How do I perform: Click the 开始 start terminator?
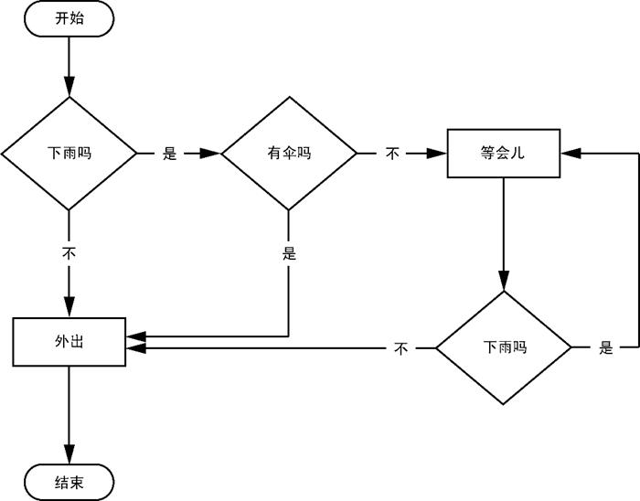(x=69, y=18)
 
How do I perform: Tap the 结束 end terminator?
(x=69, y=483)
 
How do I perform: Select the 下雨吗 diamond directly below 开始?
(x=69, y=154)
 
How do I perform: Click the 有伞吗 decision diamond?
(x=289, y=154)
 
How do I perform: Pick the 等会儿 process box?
(x=503, y=154)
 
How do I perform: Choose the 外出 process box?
(x=69, y=341)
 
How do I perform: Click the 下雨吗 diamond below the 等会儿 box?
(x=503, y=348)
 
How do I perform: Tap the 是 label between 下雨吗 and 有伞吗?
(x=169, y=154)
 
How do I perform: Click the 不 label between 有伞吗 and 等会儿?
(x=392, y=154)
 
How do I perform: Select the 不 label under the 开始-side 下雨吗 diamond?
(x=69, y=252)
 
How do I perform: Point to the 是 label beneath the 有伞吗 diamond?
(x=289, y=254)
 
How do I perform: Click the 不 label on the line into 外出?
(x=400, y=348)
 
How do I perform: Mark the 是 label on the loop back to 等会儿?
(x=605, y=348)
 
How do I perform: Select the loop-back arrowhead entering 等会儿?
(x=570, y=154)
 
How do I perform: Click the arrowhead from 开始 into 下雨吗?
(x=69, y=88)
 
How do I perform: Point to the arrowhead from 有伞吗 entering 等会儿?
(x=438, y=154)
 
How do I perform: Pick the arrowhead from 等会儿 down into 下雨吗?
(x=503, y=282)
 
